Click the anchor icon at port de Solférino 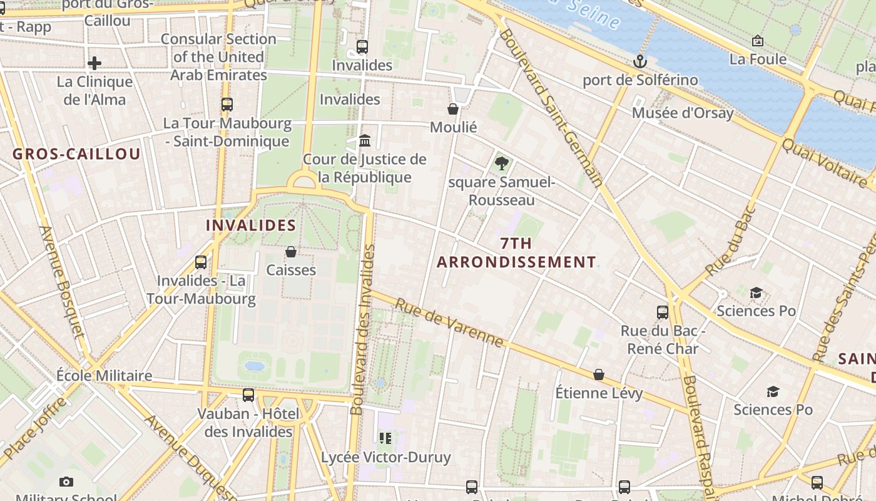point(639,61)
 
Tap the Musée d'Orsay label point(682,113)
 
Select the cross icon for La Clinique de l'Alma point(94,63)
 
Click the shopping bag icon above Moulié point(453,109)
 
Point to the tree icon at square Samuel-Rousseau point(501,164)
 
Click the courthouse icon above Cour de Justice point(365,140)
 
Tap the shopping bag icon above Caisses point(291,252)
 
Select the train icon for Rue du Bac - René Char point(663,312)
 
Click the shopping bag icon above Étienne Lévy point(599,374)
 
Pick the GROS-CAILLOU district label point(76,155)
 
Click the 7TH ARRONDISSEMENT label point(516,252)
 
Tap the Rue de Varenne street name point(449,321)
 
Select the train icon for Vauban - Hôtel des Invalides point(248,395)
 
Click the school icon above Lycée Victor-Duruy point(385,438)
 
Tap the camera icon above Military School point(66,482)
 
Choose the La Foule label point(758,59)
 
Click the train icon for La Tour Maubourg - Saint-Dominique point(227,105)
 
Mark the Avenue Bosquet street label point(61,282)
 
